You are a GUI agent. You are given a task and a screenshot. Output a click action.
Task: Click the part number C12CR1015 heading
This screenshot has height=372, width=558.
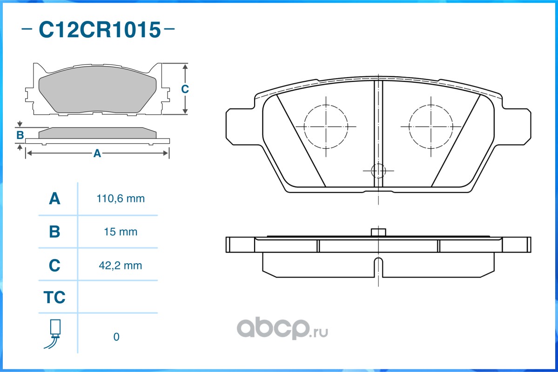tap(100, 29)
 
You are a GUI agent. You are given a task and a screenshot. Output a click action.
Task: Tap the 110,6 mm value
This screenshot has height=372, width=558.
tap(121, 199)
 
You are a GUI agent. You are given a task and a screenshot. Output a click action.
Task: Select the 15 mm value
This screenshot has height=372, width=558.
tap(121, 232)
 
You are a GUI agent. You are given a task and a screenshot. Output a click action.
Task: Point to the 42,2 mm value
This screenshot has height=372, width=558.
tap(120, 266)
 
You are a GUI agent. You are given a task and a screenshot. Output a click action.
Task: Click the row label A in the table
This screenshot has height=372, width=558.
tap(54, 199)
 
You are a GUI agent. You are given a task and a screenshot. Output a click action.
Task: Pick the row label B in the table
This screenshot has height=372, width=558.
tap(54, 232)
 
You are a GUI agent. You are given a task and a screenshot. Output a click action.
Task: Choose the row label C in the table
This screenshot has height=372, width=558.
tap(54, 266)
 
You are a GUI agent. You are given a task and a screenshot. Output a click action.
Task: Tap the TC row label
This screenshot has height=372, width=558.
tap(54, 297)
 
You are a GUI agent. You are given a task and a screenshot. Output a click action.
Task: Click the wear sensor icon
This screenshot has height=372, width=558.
tap(54, 334)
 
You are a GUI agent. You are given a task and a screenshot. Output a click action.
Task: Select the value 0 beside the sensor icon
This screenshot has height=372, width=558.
tap(116, 337)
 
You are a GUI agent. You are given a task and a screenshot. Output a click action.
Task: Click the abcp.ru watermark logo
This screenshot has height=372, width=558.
tap(282, 329)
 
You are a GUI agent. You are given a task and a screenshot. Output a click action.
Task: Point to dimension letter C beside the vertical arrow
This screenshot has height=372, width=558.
tap(185, 89)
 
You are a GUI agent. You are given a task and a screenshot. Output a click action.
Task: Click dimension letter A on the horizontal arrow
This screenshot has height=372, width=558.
tap(97, 153)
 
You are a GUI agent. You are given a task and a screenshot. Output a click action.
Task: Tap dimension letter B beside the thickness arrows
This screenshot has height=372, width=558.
tap(20, 135)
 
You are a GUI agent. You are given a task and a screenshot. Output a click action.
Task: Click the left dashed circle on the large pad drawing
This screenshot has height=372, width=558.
tap(326, 126)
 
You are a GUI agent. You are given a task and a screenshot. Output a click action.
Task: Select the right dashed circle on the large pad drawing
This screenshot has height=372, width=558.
tap(431, 126)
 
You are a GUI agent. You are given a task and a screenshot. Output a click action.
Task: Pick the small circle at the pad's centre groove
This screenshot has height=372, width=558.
tap(378, 171)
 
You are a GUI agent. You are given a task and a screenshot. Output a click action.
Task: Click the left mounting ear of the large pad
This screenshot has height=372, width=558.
tap(241, 126)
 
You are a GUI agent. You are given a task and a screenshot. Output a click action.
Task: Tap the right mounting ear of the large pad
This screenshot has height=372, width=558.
tap(516, 126)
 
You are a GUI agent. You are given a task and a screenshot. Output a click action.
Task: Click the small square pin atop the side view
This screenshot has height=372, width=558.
tap(378, 232)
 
